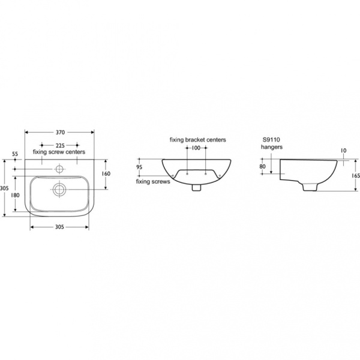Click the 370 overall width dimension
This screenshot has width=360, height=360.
[x=59, y=132]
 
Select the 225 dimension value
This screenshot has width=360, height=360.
[x=59, y=145]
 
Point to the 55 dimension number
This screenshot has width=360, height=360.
[x=15, y=154]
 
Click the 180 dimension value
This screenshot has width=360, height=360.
[x=16, y=196]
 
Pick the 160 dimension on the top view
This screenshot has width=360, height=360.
[x=106, y=174]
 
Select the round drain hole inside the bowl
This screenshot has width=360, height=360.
[x=59, y=189]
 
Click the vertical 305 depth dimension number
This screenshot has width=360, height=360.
[x=4, y=188]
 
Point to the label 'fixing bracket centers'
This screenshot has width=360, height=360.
[x=197, y=139]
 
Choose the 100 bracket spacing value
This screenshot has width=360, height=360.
[x=197, y=147]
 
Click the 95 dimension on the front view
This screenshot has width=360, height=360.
[x=139, y=167]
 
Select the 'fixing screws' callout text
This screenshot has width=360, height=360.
[x=152, y=181]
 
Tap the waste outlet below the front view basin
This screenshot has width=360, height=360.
[x=196, y=187]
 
